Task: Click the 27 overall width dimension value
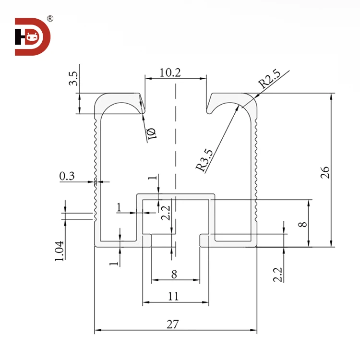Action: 173,324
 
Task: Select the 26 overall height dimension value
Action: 325,172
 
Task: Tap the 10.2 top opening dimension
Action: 170,72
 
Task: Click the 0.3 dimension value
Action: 67,176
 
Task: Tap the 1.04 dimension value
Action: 60,251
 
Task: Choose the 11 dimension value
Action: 173,296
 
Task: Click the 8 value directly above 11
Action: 174,275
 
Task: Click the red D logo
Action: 33,36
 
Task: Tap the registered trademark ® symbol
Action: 50,19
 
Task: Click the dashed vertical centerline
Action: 176,144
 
